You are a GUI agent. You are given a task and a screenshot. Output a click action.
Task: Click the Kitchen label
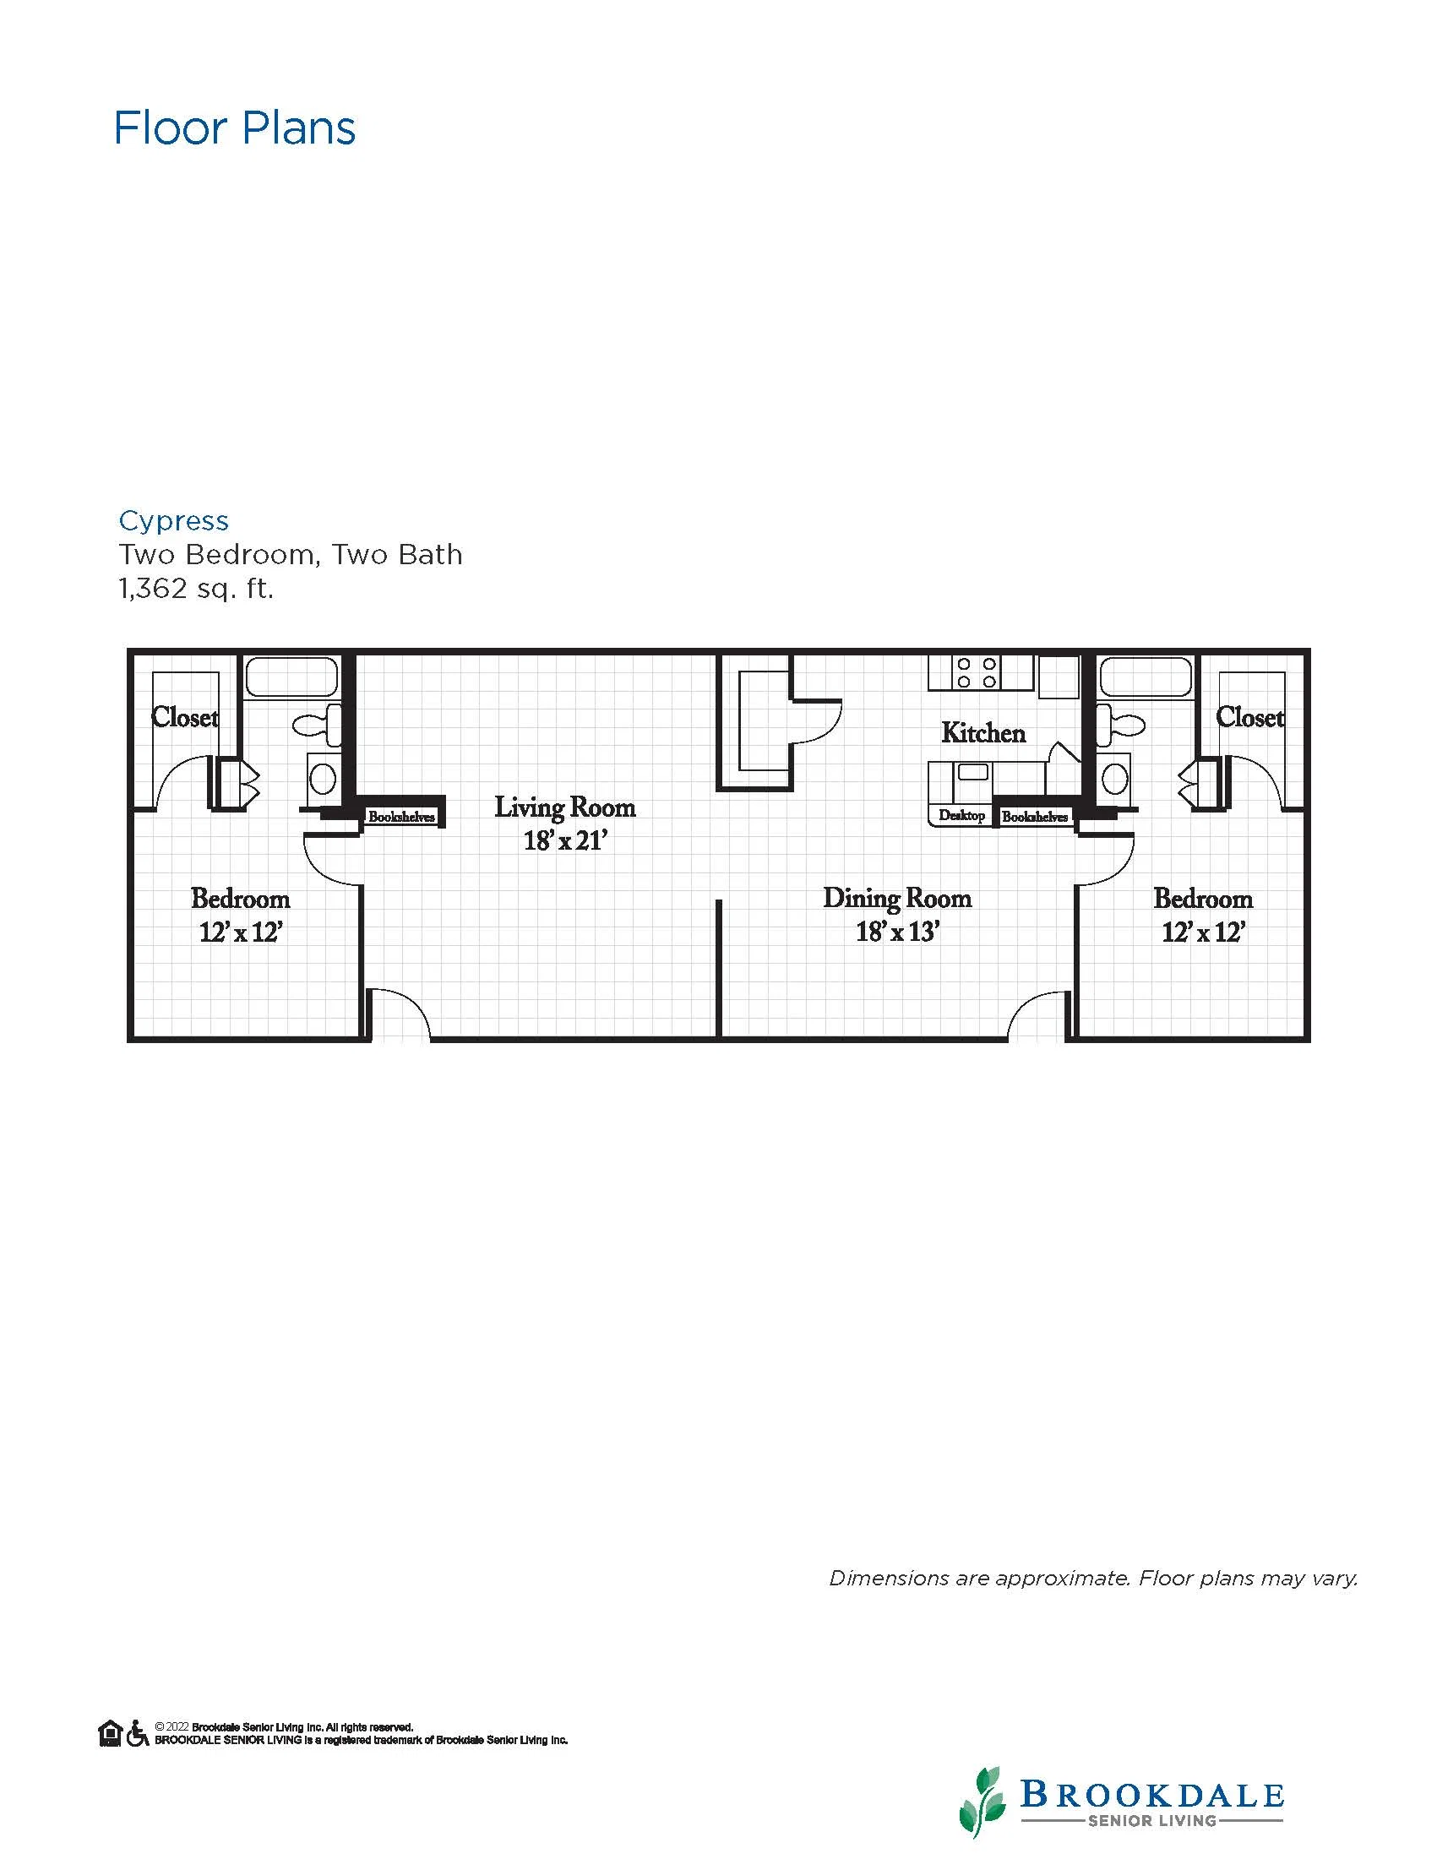pyautogui.click(x=983, y=733)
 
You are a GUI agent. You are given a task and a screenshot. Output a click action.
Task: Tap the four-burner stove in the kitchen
pyautogui.click(x=977, y=672)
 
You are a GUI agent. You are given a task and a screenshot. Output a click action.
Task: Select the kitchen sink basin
pyautogui.click(x=972, y=772)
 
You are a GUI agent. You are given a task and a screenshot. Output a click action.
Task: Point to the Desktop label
pyautogui.click(x=961, y=815)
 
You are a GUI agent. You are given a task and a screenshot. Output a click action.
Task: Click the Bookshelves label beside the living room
pyautogui.click(x=401, y=817)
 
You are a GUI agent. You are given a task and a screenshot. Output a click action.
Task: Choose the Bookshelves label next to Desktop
pyautogui.click(x=1034, y=817)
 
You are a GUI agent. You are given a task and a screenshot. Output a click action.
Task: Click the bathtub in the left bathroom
pyautogui.click(x=291, y=677)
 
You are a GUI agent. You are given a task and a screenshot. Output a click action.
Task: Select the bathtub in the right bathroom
pyautogui.click(x=1145, y=677)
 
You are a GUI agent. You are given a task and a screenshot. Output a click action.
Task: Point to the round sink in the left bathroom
pyautogui.click(x=323, y=777)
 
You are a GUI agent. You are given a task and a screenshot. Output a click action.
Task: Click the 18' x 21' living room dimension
pyautogui.click(x=565, y=841)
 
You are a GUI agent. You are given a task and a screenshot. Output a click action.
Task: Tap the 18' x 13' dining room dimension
pyautogui.click(x=897, y=932)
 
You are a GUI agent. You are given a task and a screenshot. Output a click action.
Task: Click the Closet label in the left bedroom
pyautogui.click(x=185, y=718)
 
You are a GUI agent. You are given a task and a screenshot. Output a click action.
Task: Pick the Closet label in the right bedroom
pyautogui.click(x=1249, y=718)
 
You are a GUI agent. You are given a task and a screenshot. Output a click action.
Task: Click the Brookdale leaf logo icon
pyautogui.click(x=985, y=1801)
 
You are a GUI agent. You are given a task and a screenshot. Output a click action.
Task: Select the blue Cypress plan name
pyautogui.click(x=174, y=521)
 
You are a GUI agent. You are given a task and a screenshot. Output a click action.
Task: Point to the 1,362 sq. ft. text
pyautogui.click(x=196, y=588)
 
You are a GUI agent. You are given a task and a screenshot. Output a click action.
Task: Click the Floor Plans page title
pyautogui.click(x=235, y=128)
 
